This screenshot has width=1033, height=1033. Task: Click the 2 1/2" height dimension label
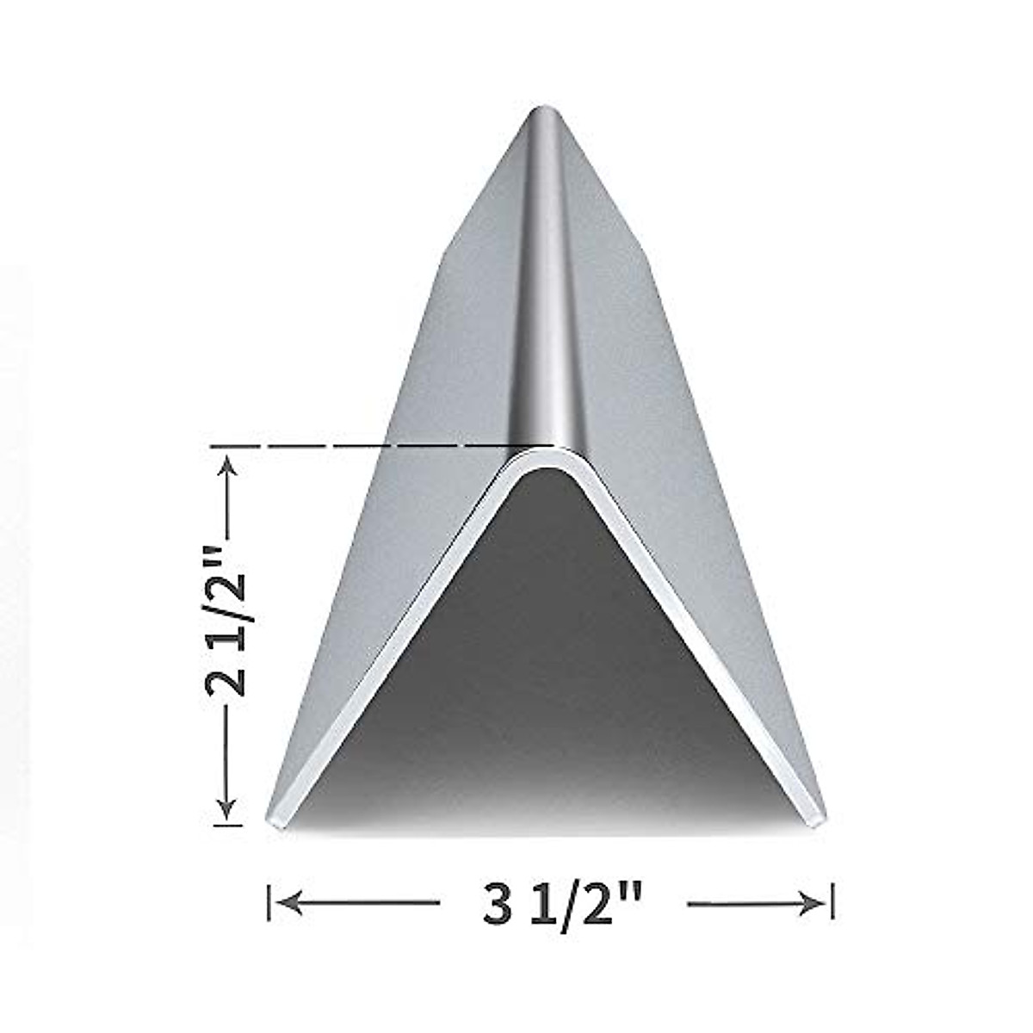228,637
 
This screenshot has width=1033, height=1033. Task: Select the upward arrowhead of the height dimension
228,465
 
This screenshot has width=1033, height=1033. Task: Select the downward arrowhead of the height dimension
228,809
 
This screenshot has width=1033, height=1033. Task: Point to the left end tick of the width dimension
269,902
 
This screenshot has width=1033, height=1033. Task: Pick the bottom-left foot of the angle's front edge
277,820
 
